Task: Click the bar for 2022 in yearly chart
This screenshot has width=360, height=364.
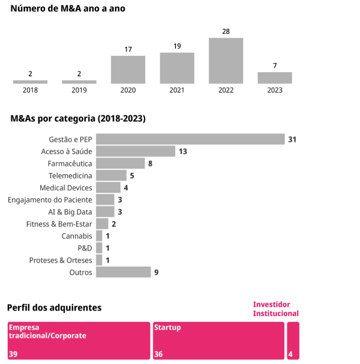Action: click(x=226, y=61)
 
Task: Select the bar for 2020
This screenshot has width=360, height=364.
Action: click(x=128, y=70)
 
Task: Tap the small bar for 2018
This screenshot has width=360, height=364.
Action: click(x=30, y=82)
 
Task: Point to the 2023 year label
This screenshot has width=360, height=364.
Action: click(x=275, y=90)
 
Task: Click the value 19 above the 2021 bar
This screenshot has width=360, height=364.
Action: click(x=177, y=46)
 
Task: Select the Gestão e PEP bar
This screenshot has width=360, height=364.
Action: click(x=190, y=139)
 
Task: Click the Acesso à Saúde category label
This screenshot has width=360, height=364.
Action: click(x=67, y=151)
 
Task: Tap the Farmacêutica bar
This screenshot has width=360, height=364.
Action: click(x=121, y=163)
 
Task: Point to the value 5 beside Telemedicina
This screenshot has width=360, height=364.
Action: click(x=132, y=175)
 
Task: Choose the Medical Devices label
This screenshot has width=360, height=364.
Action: click(x=66, y=188)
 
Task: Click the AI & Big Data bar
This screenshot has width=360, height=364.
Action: click(x=105, y=212)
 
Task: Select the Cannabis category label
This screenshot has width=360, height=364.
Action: click(x=77, y=236)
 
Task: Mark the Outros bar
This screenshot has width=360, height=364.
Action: click(x=123, y=272)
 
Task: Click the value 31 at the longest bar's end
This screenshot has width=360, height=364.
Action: click(x=292, y=139)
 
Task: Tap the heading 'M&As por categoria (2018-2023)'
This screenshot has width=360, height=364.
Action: click(x=78, y=118)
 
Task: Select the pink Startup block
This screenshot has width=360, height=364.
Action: click(x=218, y=341)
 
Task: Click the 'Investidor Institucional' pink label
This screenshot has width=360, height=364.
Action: click(x=275, y=309)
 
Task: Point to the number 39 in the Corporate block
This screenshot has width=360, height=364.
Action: click(x=13, y=354)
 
